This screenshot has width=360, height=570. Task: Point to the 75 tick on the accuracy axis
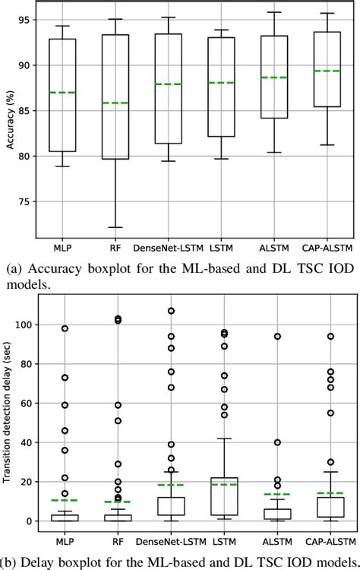29,202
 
